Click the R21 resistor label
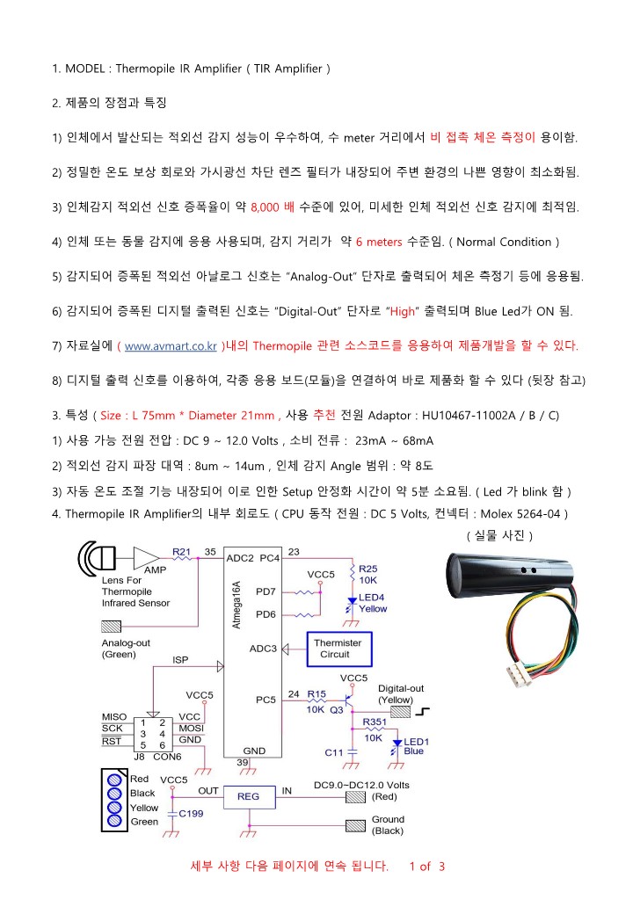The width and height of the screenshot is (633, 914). (182, 551)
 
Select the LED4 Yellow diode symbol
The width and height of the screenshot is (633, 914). (352, 605)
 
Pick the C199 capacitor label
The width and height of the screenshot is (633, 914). (193, 813)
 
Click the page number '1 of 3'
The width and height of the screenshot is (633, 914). (428, 867)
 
